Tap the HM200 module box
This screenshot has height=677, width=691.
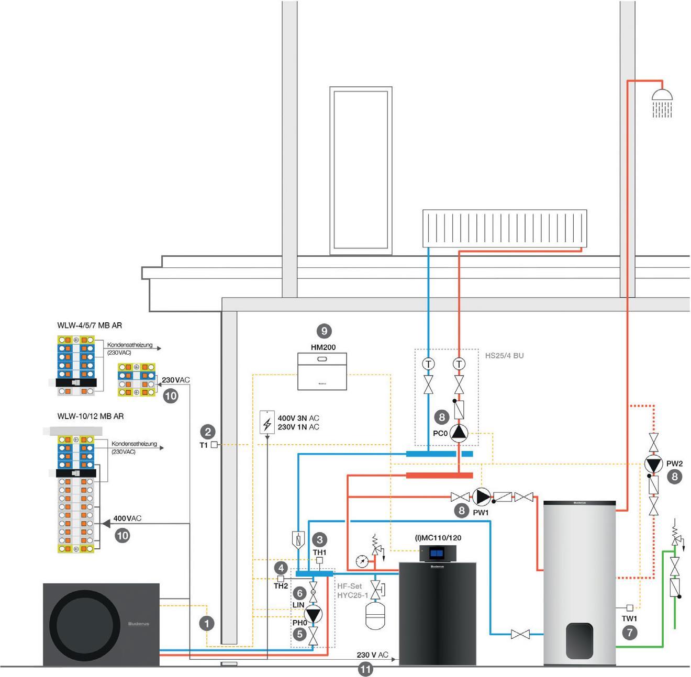click(x=322, y=371)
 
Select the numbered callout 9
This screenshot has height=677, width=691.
click(x=324, y=331)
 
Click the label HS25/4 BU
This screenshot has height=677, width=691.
click(x=504, y=356)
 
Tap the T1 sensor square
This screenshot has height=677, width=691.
click(x=214, y=445)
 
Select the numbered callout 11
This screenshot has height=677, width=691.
click(x=365, y=669)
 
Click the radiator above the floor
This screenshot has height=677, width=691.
click(x=505, y=228)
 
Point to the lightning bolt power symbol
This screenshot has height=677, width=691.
click(x=267, y=423)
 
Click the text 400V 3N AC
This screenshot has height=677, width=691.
click(x=298, y=419)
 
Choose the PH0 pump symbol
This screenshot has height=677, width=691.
click(x=313, y=615)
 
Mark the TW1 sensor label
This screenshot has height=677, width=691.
click(x=629, y=618)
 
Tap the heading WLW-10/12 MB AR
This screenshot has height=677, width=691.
click(x=91, y=416)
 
